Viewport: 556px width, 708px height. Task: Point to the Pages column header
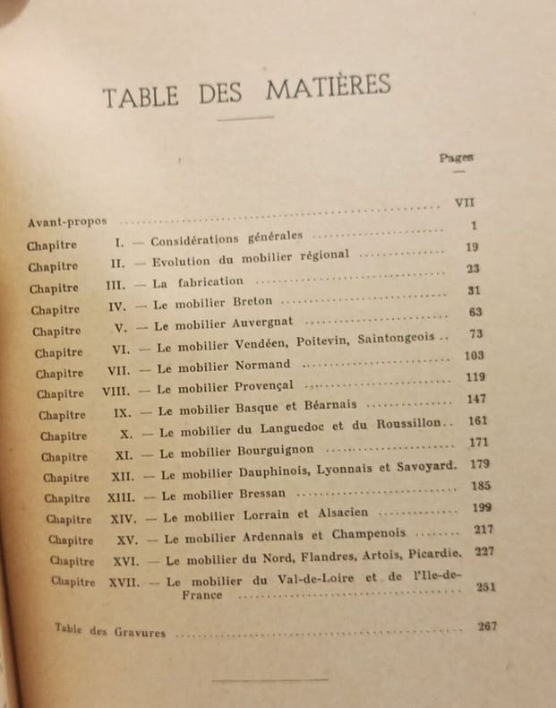457,157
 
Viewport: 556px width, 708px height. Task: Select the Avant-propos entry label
66,220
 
